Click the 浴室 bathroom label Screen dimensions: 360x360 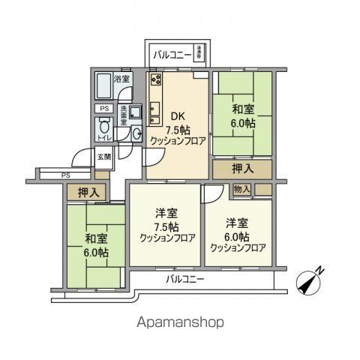[121, 78]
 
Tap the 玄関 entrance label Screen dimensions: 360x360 [103, 157]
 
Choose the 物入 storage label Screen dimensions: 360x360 [241, 189]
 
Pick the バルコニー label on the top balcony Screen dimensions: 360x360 [171, 54]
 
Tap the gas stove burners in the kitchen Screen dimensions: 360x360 [156, 79]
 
